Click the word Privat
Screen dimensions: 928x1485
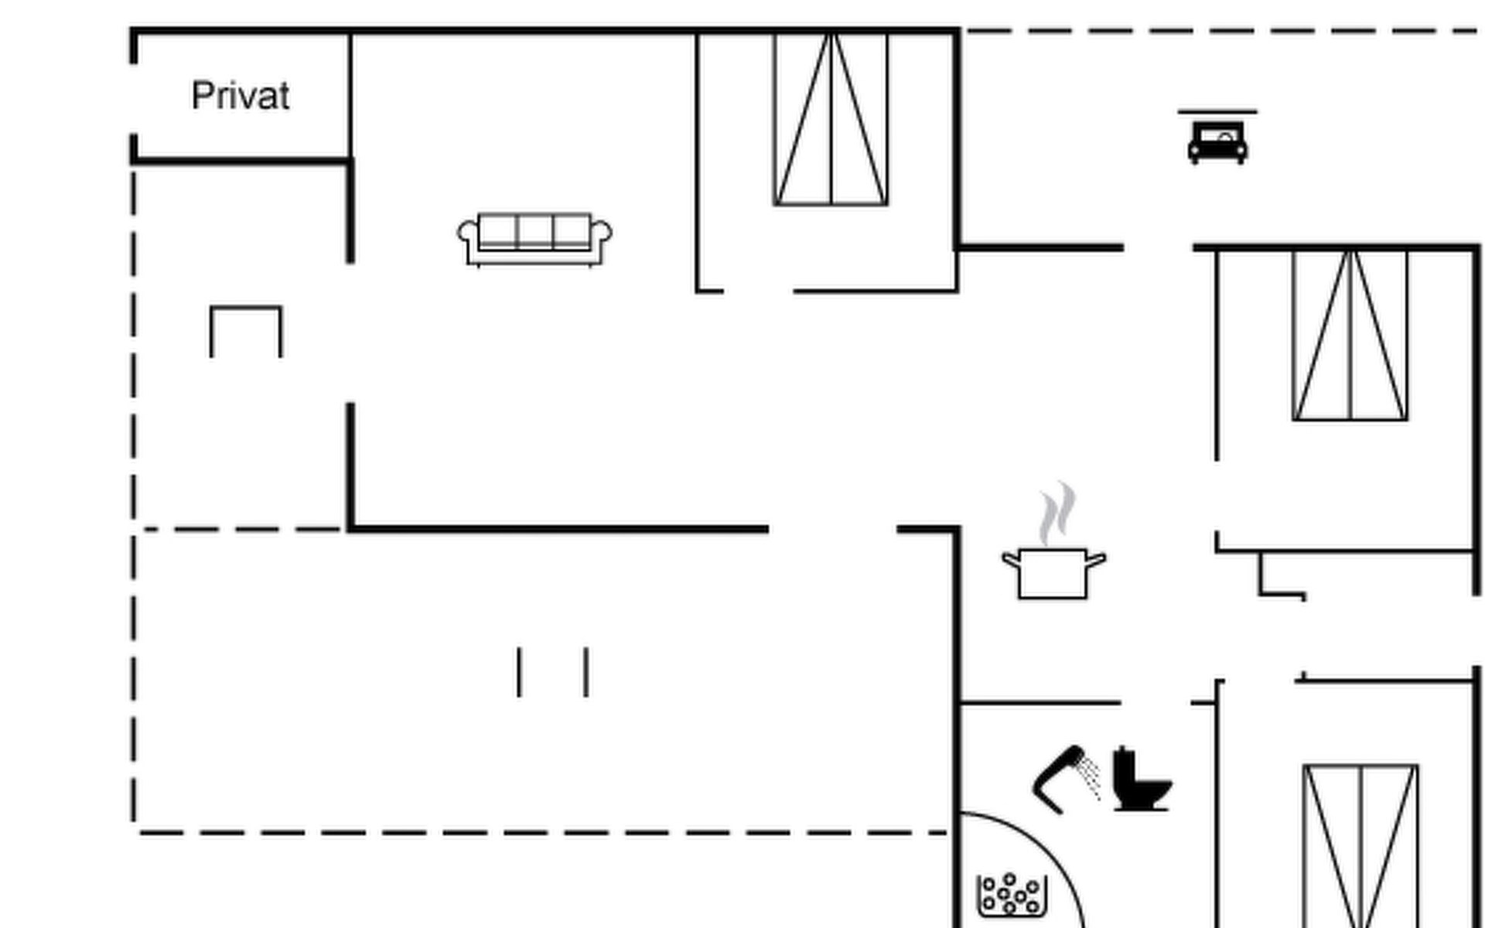[x=241, y=97]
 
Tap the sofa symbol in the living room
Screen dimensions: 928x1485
[x=534, y=239]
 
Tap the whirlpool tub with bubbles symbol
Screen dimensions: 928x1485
[x=1012, y=896]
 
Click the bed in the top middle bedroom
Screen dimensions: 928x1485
[x=831, y=119]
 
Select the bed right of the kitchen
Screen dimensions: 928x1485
[x=1350, y=336]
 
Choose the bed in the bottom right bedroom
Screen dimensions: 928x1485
[x=1360, y=846]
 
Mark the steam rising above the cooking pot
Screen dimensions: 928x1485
[x=1057, y=513]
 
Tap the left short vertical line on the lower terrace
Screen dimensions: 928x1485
[x=519, y=672]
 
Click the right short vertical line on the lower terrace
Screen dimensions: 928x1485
[x=586, y=672]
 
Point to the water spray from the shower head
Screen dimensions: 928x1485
[x=1091, y=776]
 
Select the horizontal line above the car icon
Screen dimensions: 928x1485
[x=1217, y=112]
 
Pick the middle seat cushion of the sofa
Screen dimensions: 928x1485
[x=534, y=230]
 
